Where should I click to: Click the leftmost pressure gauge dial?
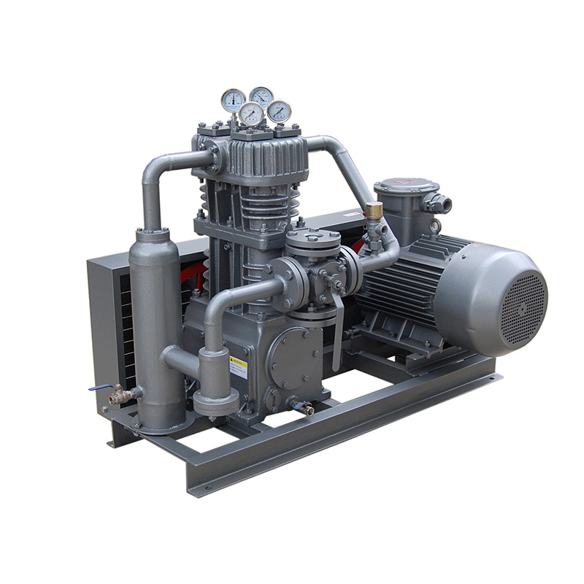tap(233, 99)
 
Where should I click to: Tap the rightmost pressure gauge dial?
tap(279, 111)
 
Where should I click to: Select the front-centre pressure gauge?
tap(251, 113)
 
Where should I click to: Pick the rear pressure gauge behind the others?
tap(261, 96)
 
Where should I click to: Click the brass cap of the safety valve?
tap(374, 210)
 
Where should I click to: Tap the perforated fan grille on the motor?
tap(523, 300)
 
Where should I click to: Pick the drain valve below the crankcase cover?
tap(301, 407)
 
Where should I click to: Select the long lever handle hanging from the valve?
tap(338, 336)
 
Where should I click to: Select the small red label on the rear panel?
tap(353, 215)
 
